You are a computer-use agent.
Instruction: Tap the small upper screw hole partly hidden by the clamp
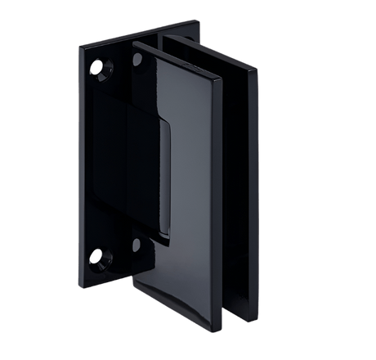point(135,60)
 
